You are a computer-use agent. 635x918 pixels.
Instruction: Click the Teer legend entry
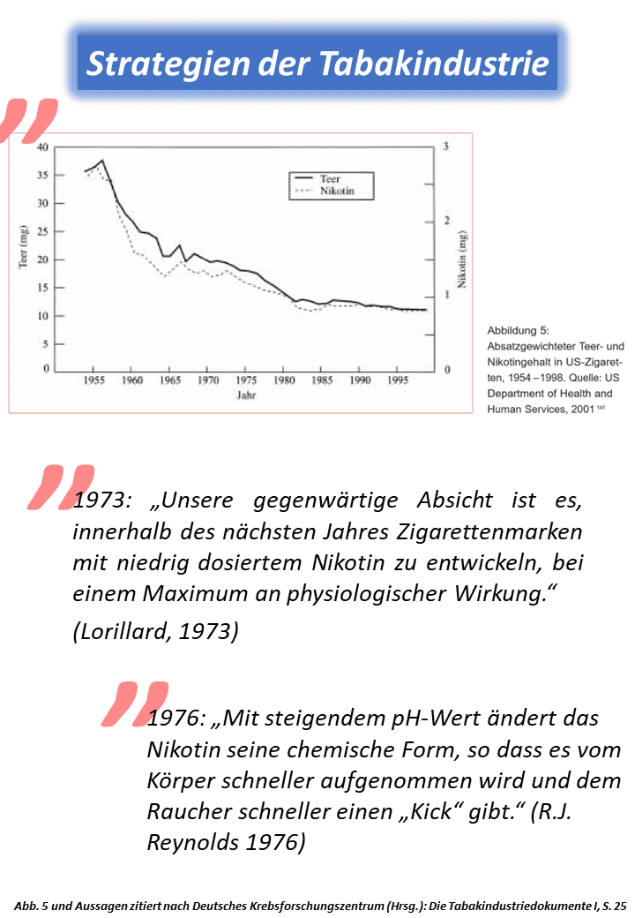click(x=331, y=178)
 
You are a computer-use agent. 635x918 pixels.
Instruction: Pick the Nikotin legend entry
click(x=337, y=191)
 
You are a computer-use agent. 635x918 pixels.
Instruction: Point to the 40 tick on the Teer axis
click(x=43, y=147)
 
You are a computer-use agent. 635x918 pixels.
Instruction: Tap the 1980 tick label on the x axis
click(x=284, y=380)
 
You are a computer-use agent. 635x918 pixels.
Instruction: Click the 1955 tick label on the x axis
click(x=93, y=380)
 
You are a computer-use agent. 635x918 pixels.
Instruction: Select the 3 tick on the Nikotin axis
click(x=447, y=147)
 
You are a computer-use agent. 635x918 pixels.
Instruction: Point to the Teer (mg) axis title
click(x=25, y=251)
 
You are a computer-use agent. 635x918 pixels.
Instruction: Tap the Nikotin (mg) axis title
click(x=462, y=261)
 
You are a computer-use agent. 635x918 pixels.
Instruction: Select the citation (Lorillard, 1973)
click(x=155, y=632)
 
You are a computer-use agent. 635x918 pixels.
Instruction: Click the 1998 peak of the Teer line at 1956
click(x=102, y=161)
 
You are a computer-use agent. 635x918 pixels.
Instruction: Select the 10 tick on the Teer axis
click(x=43, y=315)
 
